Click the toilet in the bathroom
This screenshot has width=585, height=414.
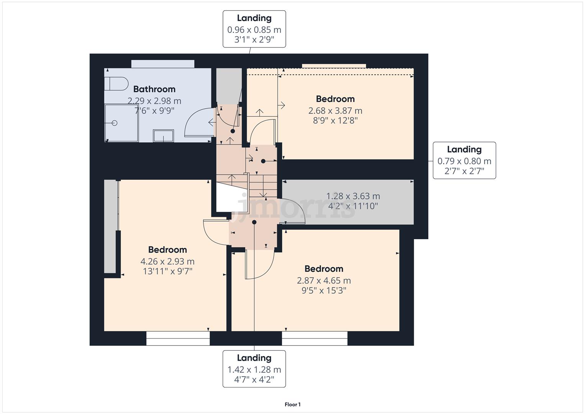116,84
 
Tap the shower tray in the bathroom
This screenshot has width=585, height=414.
121,123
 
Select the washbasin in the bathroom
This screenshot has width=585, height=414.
163,136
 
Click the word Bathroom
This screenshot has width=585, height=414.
154,89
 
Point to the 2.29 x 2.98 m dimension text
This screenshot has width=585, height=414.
154,101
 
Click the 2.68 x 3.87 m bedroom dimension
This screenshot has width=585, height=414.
335,111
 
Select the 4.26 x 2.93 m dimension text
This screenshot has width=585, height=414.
167,261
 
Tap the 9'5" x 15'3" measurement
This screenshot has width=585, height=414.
324,291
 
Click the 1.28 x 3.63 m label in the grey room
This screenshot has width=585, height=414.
353,196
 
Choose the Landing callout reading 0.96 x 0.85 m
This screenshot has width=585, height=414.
254,29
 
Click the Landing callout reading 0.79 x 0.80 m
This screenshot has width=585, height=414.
464,160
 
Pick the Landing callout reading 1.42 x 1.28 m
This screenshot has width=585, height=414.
254,369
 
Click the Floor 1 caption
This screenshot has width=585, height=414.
292,404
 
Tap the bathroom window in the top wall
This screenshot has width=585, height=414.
163,64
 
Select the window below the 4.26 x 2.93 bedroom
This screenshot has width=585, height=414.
178,338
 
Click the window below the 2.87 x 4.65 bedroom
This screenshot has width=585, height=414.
315,338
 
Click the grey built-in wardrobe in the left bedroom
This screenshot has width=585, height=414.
110,226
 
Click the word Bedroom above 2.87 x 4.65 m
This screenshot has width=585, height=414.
324,269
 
